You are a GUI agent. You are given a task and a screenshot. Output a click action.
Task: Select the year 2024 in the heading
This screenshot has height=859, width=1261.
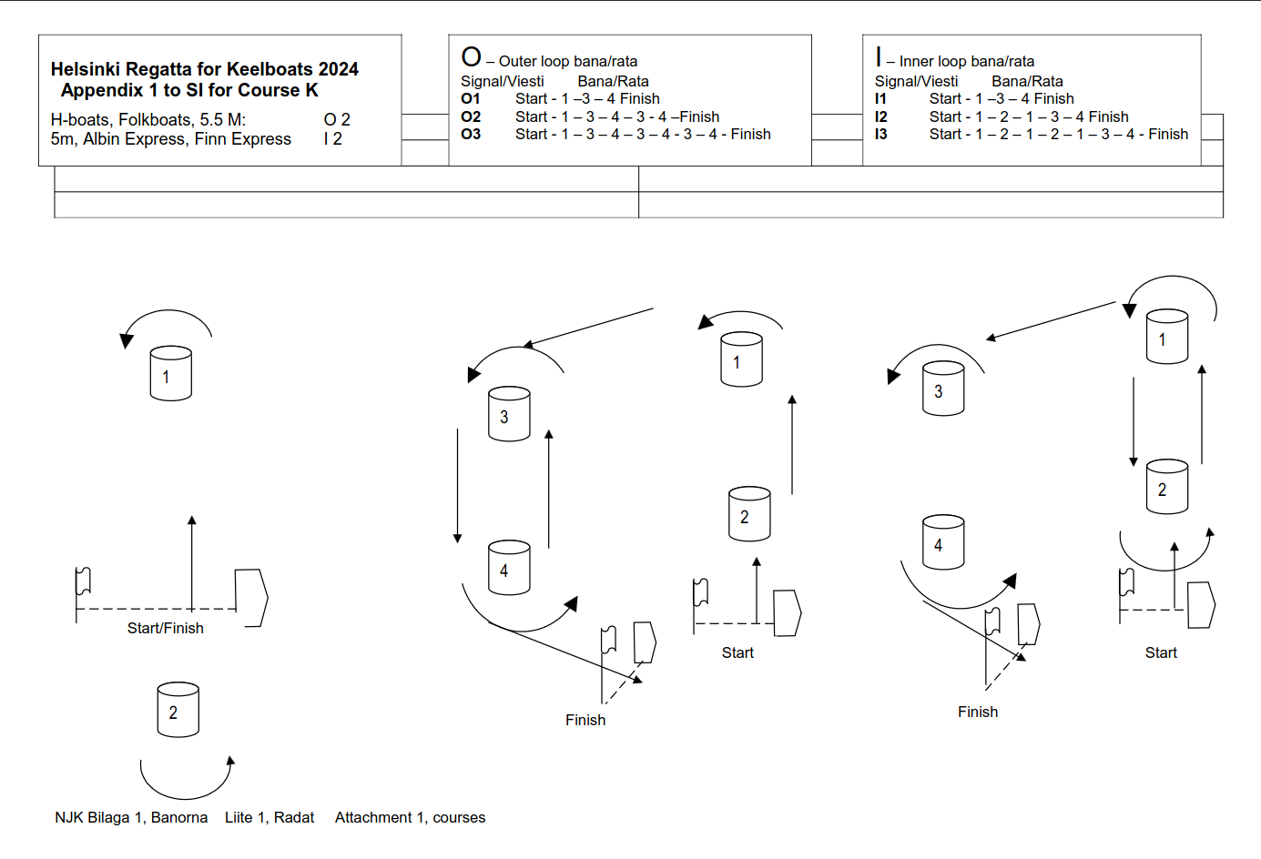[x=338, y=69]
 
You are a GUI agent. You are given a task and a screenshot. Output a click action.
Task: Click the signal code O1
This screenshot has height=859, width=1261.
[x=470, y=98]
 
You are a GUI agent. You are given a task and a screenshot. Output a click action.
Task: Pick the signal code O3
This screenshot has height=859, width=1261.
[x=471, y=134]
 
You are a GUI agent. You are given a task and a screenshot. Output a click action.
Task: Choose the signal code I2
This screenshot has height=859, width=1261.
[x=880, y=116]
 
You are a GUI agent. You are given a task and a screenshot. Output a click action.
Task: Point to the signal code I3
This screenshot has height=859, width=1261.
[x=880, y=134]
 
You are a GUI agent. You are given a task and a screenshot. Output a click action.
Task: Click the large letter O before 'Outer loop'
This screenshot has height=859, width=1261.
[x=471, y=57]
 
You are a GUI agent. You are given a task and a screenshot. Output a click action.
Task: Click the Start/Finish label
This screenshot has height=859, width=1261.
[x=165, y=628]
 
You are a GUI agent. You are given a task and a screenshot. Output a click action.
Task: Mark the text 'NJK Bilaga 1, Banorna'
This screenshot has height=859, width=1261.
[x=131, y=817]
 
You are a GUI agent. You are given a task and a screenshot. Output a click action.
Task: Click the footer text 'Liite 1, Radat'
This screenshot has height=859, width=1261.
[x=269, y=817]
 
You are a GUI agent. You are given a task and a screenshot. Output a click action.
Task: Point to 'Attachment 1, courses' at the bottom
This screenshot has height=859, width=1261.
[x=410, y=817]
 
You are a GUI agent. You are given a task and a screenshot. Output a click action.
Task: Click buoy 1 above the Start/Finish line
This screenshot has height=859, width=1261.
[x=170, y=374]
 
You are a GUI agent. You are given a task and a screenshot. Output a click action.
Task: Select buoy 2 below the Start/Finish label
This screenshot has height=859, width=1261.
[x=178, y=710]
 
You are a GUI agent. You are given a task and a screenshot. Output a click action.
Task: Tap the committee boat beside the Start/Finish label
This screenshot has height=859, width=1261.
[x=250, y=597]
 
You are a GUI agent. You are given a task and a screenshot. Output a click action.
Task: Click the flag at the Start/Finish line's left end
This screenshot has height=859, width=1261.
[x=83, y=581]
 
